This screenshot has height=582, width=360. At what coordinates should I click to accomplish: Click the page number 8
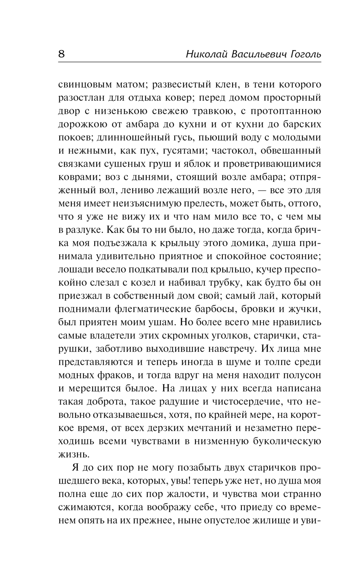click(61, 54)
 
